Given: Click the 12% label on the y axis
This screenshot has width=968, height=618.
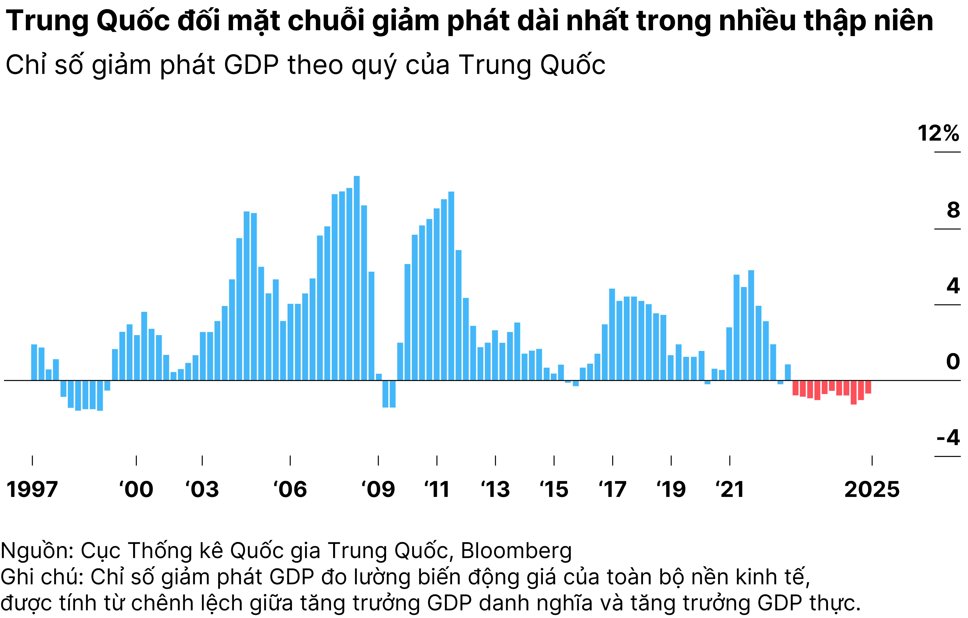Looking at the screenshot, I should pos(938,133).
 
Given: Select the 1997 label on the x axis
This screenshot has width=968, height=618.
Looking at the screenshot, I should pos(32,490).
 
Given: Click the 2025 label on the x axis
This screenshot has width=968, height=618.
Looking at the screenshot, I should pos(872,490).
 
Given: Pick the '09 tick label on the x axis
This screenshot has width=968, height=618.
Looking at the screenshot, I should pos(378,490).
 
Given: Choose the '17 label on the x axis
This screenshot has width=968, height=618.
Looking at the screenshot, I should pos(612,490).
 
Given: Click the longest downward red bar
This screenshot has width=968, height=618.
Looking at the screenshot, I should pos(853,392).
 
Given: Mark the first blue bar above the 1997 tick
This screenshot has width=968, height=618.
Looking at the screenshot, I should pos(34,362).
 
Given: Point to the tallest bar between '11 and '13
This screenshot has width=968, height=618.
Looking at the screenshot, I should pos(451,285).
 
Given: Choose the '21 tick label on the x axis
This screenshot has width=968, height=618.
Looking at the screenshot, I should pos(730,490).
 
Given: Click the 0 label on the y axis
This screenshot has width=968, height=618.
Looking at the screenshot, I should pos(953,362).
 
